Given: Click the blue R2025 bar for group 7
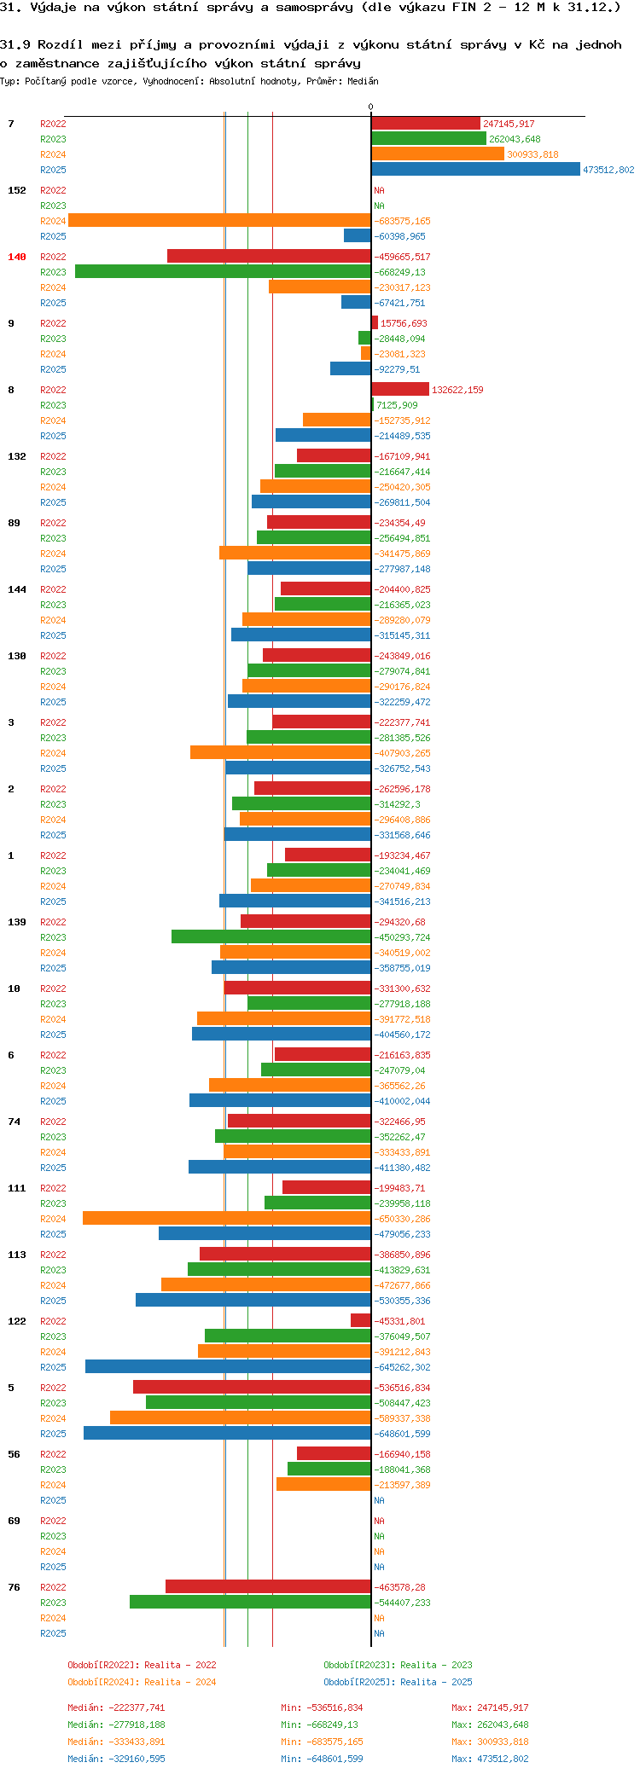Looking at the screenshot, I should (x=475, y=170).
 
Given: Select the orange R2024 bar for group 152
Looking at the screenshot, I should (x=219, y=221).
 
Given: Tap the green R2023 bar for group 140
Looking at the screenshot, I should (x=223, y=272).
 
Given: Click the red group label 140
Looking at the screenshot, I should (x=17, y=257).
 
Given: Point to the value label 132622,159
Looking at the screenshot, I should (x=457, y=390).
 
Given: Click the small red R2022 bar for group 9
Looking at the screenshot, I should (x=375, y=323).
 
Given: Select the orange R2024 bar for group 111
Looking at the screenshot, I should (x=226, y=1219).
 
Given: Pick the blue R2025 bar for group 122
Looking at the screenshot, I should (x=228, y=1367).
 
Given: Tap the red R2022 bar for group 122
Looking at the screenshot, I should (x=361, y=1321).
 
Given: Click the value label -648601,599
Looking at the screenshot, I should (x=403, y=1434).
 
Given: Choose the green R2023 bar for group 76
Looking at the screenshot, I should (x=250, y=1603).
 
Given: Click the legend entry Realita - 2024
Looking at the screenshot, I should (x=142, y=1682).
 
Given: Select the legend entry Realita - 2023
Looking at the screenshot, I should (x=398, y=1665).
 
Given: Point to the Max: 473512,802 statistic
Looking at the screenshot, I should (x=490, y=1759).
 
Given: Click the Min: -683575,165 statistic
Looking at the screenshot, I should (x=322, y=1742).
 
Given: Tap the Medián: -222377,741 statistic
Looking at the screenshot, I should (x=116, y=1707).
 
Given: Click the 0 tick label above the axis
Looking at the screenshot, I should (x=370, y=107).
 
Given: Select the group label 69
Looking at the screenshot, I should (x=14, y=1521).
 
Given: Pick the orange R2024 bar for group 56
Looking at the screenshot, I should (x=323, y=1485).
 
